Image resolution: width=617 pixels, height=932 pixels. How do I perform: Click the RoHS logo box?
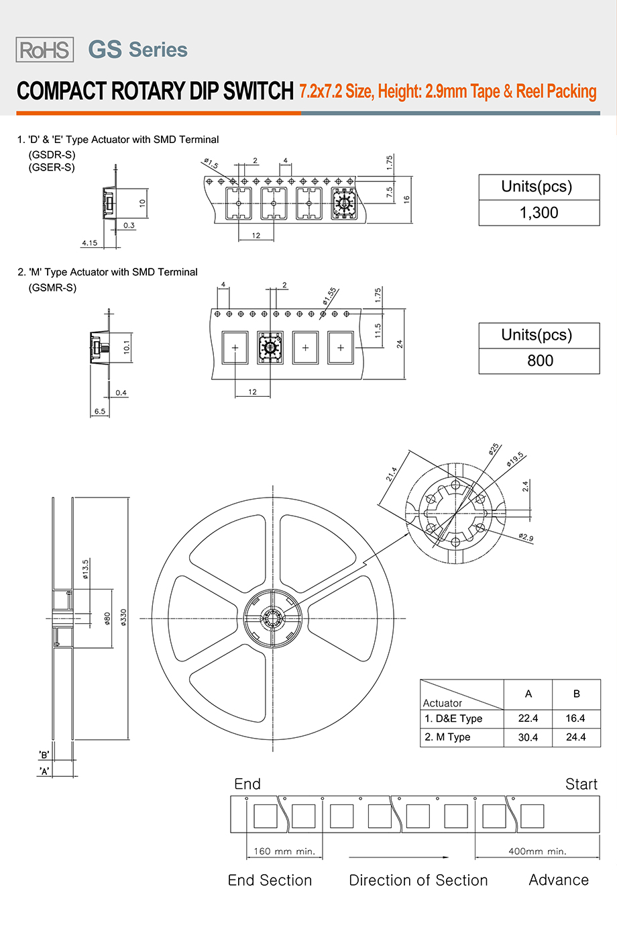click(45, 50)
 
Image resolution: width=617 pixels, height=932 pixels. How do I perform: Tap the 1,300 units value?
click(539, 213)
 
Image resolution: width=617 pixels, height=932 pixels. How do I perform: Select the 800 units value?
click(540, 361)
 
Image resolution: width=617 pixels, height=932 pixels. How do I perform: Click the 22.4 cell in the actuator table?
click(528, 718)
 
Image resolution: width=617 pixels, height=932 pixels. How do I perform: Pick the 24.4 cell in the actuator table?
click(575, 737)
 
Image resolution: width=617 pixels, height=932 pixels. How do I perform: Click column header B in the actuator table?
click(576, 694)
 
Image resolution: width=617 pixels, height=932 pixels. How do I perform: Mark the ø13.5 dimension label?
click(86, 569)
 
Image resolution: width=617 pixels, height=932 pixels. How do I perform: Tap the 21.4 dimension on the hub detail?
click(392, 474)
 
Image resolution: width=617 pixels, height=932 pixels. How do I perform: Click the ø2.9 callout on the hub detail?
click(526, 537)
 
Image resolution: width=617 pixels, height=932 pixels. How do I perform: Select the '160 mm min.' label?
click(284, 851)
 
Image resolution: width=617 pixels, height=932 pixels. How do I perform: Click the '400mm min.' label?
click(537, 851)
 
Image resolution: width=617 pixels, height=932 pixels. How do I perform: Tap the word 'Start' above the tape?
click(581, 784)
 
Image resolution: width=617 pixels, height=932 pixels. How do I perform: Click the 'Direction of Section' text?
click(418, 880)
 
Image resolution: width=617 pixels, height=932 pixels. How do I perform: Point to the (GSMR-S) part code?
click(52, 287)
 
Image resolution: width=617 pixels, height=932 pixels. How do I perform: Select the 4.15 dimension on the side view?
click(89, 243)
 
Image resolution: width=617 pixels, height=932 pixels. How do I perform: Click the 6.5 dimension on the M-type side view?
click(100, 412)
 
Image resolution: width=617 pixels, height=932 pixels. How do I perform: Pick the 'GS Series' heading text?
click(138, 50)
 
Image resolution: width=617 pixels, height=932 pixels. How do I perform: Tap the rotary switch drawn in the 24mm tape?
click(270, 347)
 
